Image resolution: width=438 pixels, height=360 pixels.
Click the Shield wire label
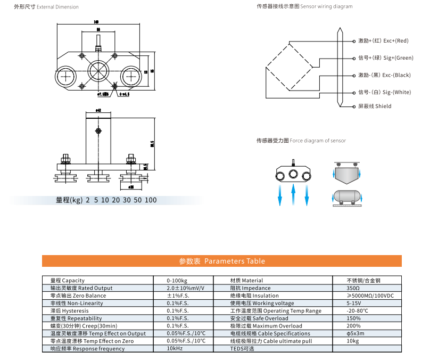click(375, 107)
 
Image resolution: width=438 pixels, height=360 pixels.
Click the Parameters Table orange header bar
click(221, 261)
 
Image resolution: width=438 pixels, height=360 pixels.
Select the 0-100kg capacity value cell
click(177, 281)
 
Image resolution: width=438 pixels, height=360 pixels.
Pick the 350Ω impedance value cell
click(353, 288)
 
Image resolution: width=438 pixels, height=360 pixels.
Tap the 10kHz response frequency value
click(175, 349)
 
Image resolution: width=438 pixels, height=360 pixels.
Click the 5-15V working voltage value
click(353, 303)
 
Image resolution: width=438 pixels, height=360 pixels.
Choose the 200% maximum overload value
click(354, 326)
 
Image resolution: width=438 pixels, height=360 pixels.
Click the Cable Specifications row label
click(270, 333)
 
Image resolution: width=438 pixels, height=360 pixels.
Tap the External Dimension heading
click(53, 7)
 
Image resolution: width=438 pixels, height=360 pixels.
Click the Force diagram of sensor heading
click(301, 141)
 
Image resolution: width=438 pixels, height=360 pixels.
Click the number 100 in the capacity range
click(151, 200)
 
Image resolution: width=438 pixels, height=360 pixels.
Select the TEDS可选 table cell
click(242, 349)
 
